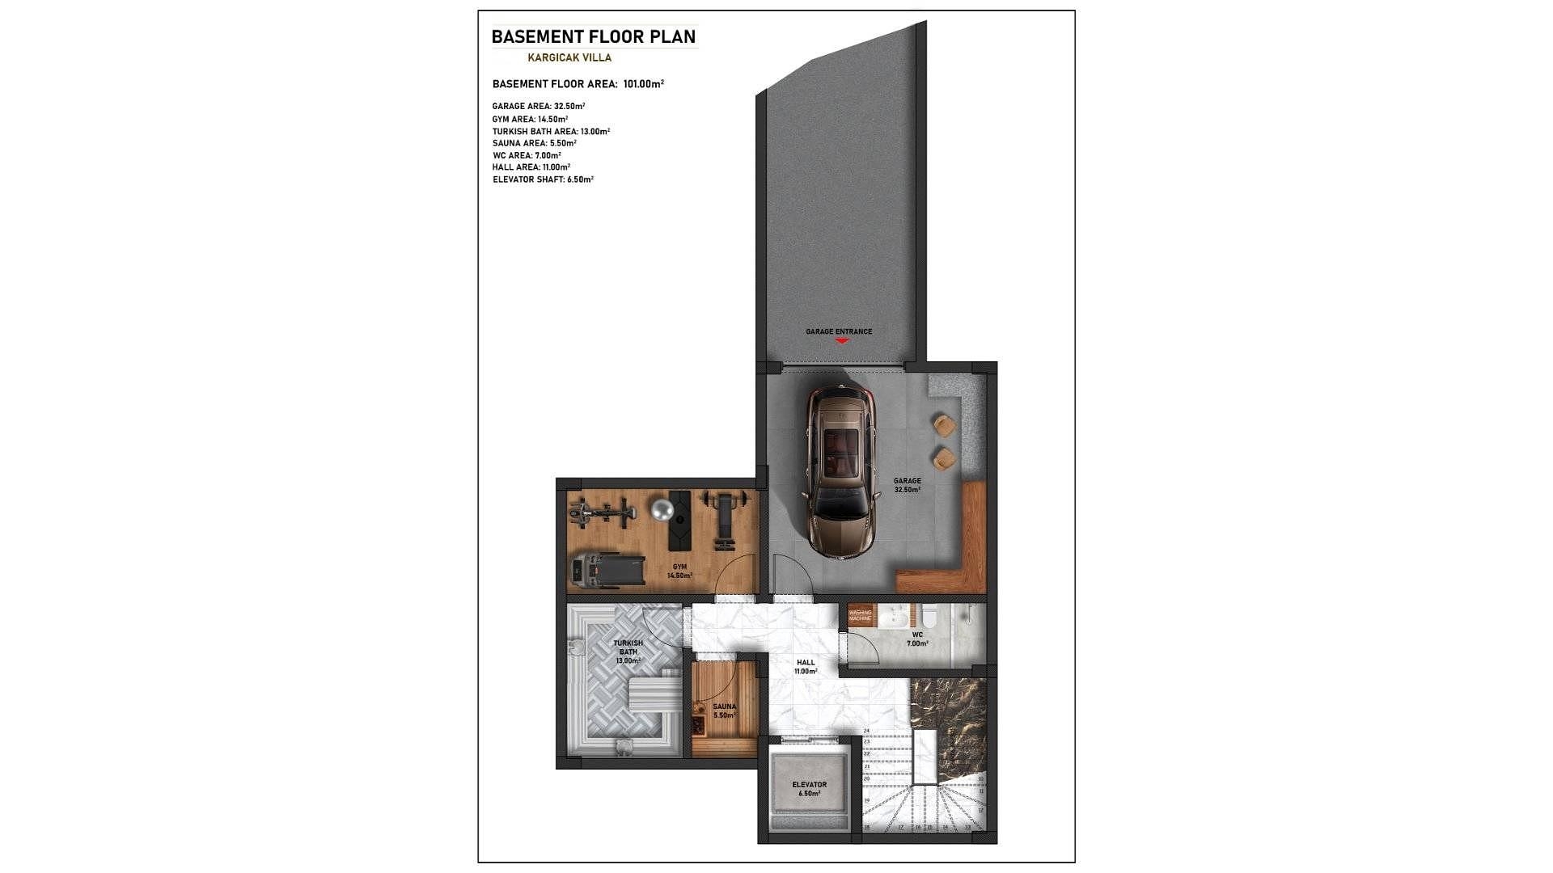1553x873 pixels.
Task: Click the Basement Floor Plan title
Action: [593, 37]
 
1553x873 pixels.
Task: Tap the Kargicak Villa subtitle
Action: [569, 58]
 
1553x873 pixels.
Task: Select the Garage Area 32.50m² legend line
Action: [539, 106]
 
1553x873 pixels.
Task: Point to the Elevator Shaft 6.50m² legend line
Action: [543, 179]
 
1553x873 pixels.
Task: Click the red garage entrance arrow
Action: [841, 342]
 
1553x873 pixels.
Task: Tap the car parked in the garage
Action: [839, 470]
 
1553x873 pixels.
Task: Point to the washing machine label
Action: [860, 615]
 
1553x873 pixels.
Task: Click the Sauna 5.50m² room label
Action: [724, 711]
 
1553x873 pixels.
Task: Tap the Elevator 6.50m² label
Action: [809, 789]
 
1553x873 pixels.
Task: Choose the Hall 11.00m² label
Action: [806, 667]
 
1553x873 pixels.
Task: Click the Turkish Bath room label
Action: [628, 652]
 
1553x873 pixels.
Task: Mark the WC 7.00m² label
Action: [917, 639]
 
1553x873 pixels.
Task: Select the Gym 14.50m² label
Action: [679, 571]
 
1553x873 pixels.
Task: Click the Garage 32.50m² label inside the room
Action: [907, 485]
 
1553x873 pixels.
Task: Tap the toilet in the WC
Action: [929, 619]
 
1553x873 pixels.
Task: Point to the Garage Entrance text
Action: [839, 331]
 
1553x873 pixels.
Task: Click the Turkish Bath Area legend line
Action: [551, 131]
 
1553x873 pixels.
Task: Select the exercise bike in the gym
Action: [600, 512]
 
